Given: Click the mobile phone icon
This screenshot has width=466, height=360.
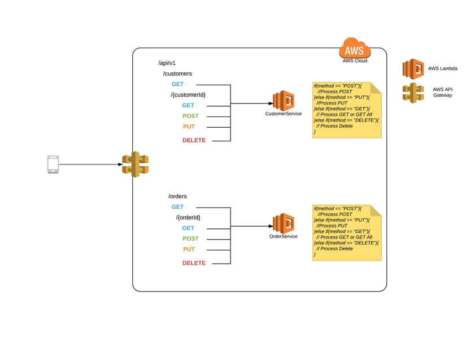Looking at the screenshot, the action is [x=53, y=164].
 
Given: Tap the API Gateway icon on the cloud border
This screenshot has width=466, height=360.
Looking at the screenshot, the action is [x=136, y=164].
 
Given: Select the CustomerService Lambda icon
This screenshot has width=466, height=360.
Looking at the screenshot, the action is [x=284, y=101].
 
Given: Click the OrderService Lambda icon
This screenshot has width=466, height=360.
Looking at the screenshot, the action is [x=284, y=224].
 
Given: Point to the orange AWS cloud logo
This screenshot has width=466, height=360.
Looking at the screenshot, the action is [x=355, y=48].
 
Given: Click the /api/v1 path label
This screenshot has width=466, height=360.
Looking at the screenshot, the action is [x=167, y=63].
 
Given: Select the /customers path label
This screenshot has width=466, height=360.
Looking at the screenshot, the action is [x=177, y=73].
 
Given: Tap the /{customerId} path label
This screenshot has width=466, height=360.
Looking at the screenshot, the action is [x=188, y=95].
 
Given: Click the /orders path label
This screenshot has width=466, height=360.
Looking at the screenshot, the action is [x=177, y=196].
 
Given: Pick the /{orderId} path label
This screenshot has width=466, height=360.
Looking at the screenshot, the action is [x=188, y=218].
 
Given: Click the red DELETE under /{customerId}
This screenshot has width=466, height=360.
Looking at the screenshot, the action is [x=194, y=140].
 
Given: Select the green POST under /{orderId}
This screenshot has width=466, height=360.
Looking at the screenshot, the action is [x=190, y=238].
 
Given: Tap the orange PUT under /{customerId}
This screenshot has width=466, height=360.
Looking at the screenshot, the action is [x=189, y=127].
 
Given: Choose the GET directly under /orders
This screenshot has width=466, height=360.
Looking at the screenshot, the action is [x=177, y=207].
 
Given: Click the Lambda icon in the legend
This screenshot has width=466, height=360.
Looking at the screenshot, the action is [x=413, y=69].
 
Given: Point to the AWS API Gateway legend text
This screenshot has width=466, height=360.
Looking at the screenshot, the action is [x=442, y=92].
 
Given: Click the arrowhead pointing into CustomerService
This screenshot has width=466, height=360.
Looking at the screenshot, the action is [x=271, y=103].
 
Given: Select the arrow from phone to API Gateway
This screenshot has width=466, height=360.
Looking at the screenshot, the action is [x=91, y=164].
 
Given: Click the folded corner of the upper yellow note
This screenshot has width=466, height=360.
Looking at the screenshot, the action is [x=376, y=88].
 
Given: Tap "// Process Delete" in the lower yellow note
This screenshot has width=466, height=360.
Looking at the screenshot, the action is [x=334, y=249].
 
